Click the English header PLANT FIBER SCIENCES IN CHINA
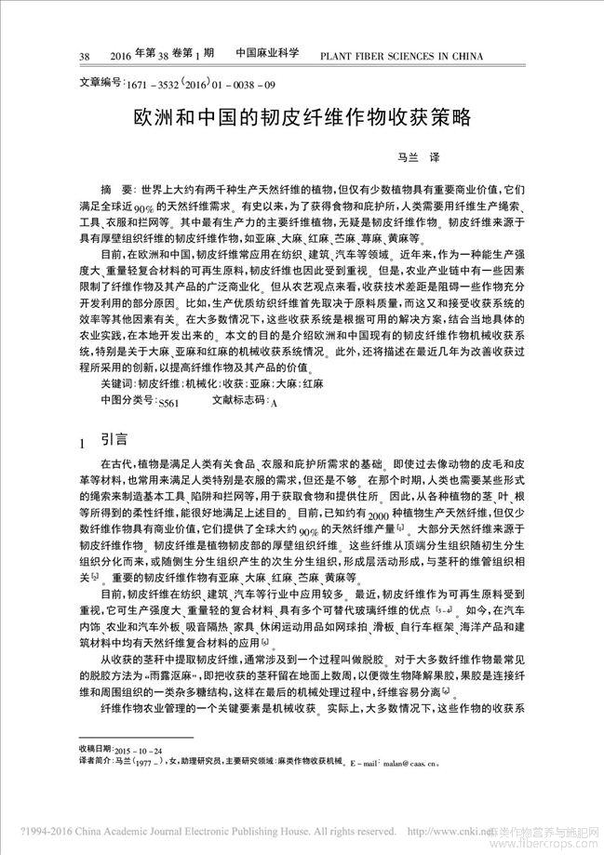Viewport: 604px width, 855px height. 401,56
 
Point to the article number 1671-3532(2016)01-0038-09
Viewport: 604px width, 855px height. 199,85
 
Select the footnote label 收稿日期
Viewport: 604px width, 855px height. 96,749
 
